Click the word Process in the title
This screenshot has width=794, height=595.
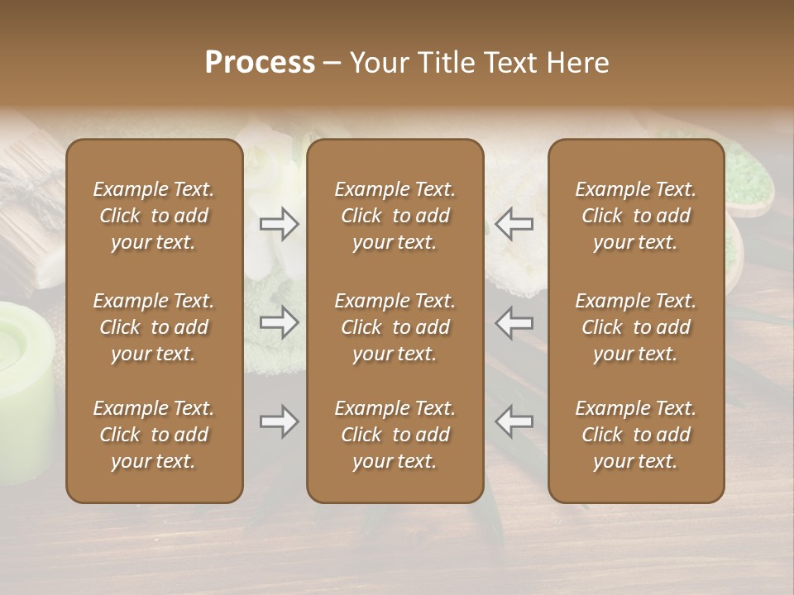(260, 63)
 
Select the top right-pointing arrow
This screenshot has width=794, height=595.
(280, 224)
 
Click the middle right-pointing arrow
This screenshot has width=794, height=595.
(280, 323)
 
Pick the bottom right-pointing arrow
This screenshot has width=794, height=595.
(280, 422)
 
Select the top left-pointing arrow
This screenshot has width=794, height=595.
(514, 224)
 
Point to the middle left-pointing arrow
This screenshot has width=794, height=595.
(514, 323)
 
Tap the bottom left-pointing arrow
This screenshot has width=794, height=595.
(514, 422)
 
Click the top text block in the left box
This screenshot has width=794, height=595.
(154, 216)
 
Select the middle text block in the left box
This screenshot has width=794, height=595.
(154, 327)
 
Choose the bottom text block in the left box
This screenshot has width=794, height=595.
(154, 435)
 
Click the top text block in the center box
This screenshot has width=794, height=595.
(395, 216)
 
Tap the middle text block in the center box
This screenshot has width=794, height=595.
(395, 327)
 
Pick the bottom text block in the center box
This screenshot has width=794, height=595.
(395, 435)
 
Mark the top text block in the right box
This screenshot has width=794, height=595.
(636, 216)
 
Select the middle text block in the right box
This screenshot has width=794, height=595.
(636, 327)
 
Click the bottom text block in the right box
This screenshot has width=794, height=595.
(636, 435)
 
